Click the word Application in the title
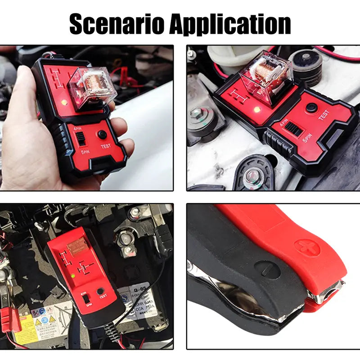(x=229, y=25)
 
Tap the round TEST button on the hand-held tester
(x=103, y=135)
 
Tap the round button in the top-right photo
(x=311, y=108)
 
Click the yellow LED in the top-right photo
(x=257, y=109)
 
